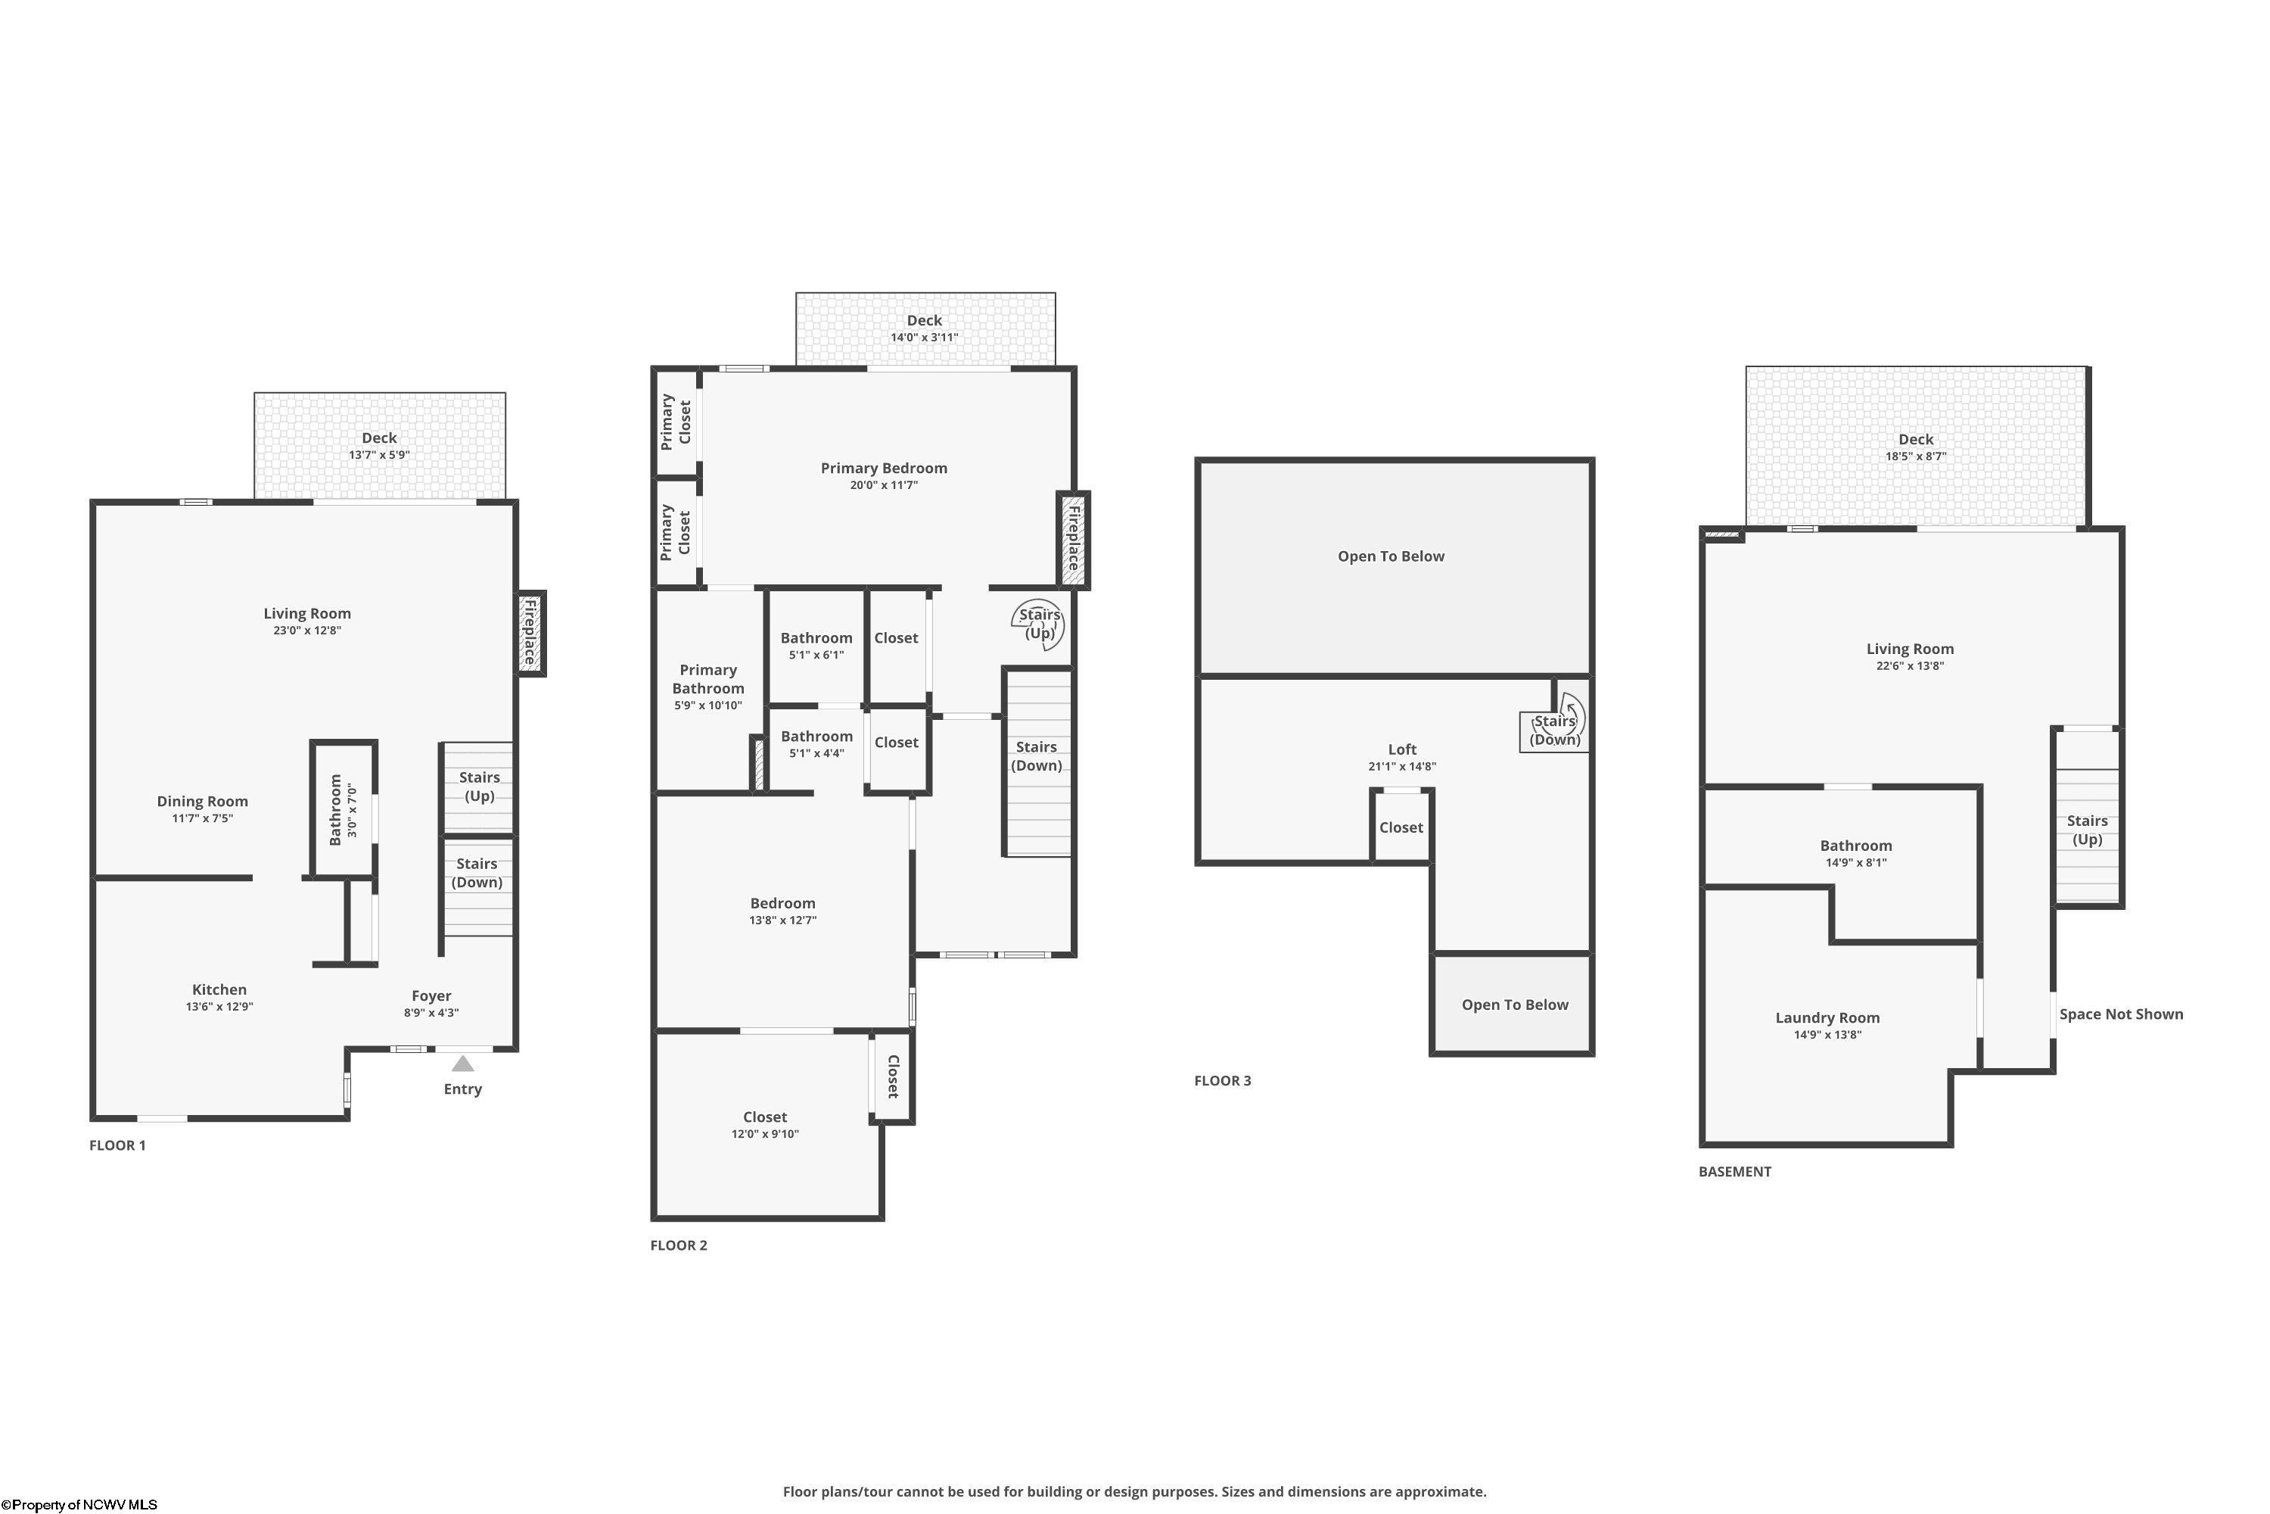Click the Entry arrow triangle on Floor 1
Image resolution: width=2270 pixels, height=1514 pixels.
pos(463,1063)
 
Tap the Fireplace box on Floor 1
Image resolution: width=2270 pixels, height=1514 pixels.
pos(530,634)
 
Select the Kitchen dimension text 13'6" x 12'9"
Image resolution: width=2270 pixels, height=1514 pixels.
pos(220,1006)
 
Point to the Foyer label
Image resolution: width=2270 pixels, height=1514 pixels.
pos(431,995)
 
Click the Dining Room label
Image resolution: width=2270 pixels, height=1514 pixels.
pos(203,802)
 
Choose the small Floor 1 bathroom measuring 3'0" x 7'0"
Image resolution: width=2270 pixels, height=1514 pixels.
pos(343,809)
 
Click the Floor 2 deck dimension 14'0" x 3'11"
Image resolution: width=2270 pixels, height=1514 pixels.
pos(925,337)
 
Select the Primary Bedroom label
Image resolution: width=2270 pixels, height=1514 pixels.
pos(884,469)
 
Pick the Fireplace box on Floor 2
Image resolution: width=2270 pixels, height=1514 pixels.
pos(1072,540)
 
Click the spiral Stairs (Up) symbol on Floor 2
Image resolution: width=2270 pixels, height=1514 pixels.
pos(1040,625)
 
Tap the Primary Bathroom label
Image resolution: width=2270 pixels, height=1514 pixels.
pos(708,679)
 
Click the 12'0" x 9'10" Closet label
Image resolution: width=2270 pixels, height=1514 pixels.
pos(765,1117)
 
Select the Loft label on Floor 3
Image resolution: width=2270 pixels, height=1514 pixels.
pos(1402,749)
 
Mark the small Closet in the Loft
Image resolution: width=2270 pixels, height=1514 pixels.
pos(1401,827)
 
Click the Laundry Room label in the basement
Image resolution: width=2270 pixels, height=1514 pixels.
pos(1828,1017)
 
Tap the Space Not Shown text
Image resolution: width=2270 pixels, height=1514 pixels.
pos(2122,1014)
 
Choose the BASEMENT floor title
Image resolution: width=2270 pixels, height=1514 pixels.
pos(1735,1171)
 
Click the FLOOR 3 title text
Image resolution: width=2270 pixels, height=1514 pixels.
pos(1223,1080)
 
